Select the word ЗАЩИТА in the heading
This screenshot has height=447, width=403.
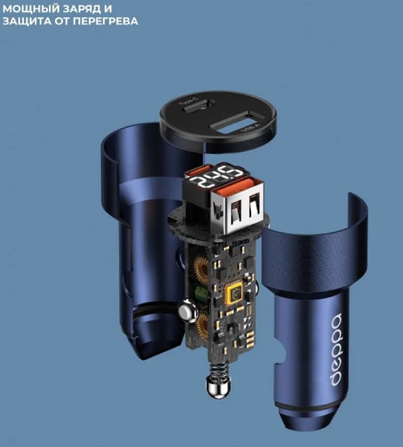pyautogui.click(x=25, y=21)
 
